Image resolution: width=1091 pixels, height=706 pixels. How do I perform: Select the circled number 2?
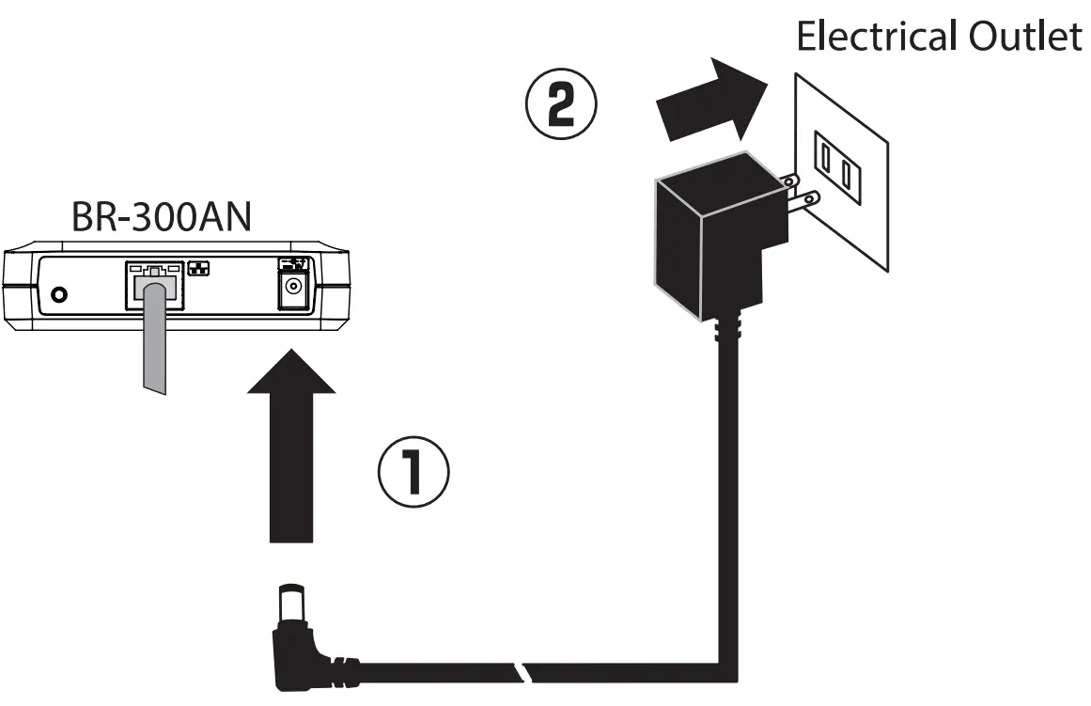(560, 108)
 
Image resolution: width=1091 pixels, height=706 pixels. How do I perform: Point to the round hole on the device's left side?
(60, 294)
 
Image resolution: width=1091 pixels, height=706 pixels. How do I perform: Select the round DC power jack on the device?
(294, 289)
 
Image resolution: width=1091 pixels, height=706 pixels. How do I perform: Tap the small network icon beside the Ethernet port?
(198, 266)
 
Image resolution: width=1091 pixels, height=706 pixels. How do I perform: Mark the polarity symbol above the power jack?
(294, 262)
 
